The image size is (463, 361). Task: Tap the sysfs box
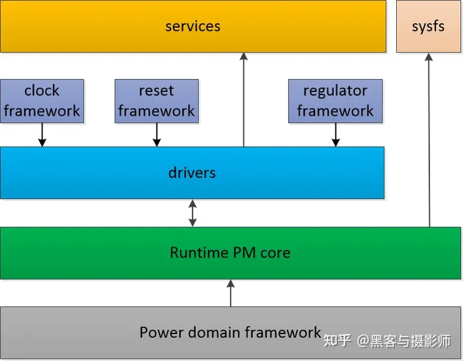click(428, 26)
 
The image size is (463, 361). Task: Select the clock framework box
click(42, 101)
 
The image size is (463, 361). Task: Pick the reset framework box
click(156, 101)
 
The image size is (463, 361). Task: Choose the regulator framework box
click(335, 101)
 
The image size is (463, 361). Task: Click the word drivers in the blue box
click(192, 173)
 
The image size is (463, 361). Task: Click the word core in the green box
click(275, 252)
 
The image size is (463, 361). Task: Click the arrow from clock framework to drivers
click(42, 135)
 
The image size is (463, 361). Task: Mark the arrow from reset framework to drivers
click(156, 135)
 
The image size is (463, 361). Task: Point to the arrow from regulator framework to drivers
click(335, 135)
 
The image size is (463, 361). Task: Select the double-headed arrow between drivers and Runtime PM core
click(192, 213)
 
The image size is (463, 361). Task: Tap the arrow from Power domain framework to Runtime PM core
click(231, 293)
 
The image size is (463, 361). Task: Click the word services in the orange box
click(193, 26)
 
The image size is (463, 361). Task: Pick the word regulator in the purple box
click(335, 91)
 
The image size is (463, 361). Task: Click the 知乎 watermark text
click(337, 340)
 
